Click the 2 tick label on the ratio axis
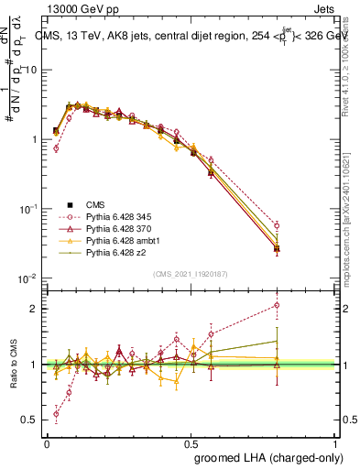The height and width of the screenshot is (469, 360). point(35,309)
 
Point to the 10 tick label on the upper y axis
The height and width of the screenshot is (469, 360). point(31,70)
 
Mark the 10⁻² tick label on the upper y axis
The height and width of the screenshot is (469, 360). point(27,278)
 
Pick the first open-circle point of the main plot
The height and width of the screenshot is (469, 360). point(56,147)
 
